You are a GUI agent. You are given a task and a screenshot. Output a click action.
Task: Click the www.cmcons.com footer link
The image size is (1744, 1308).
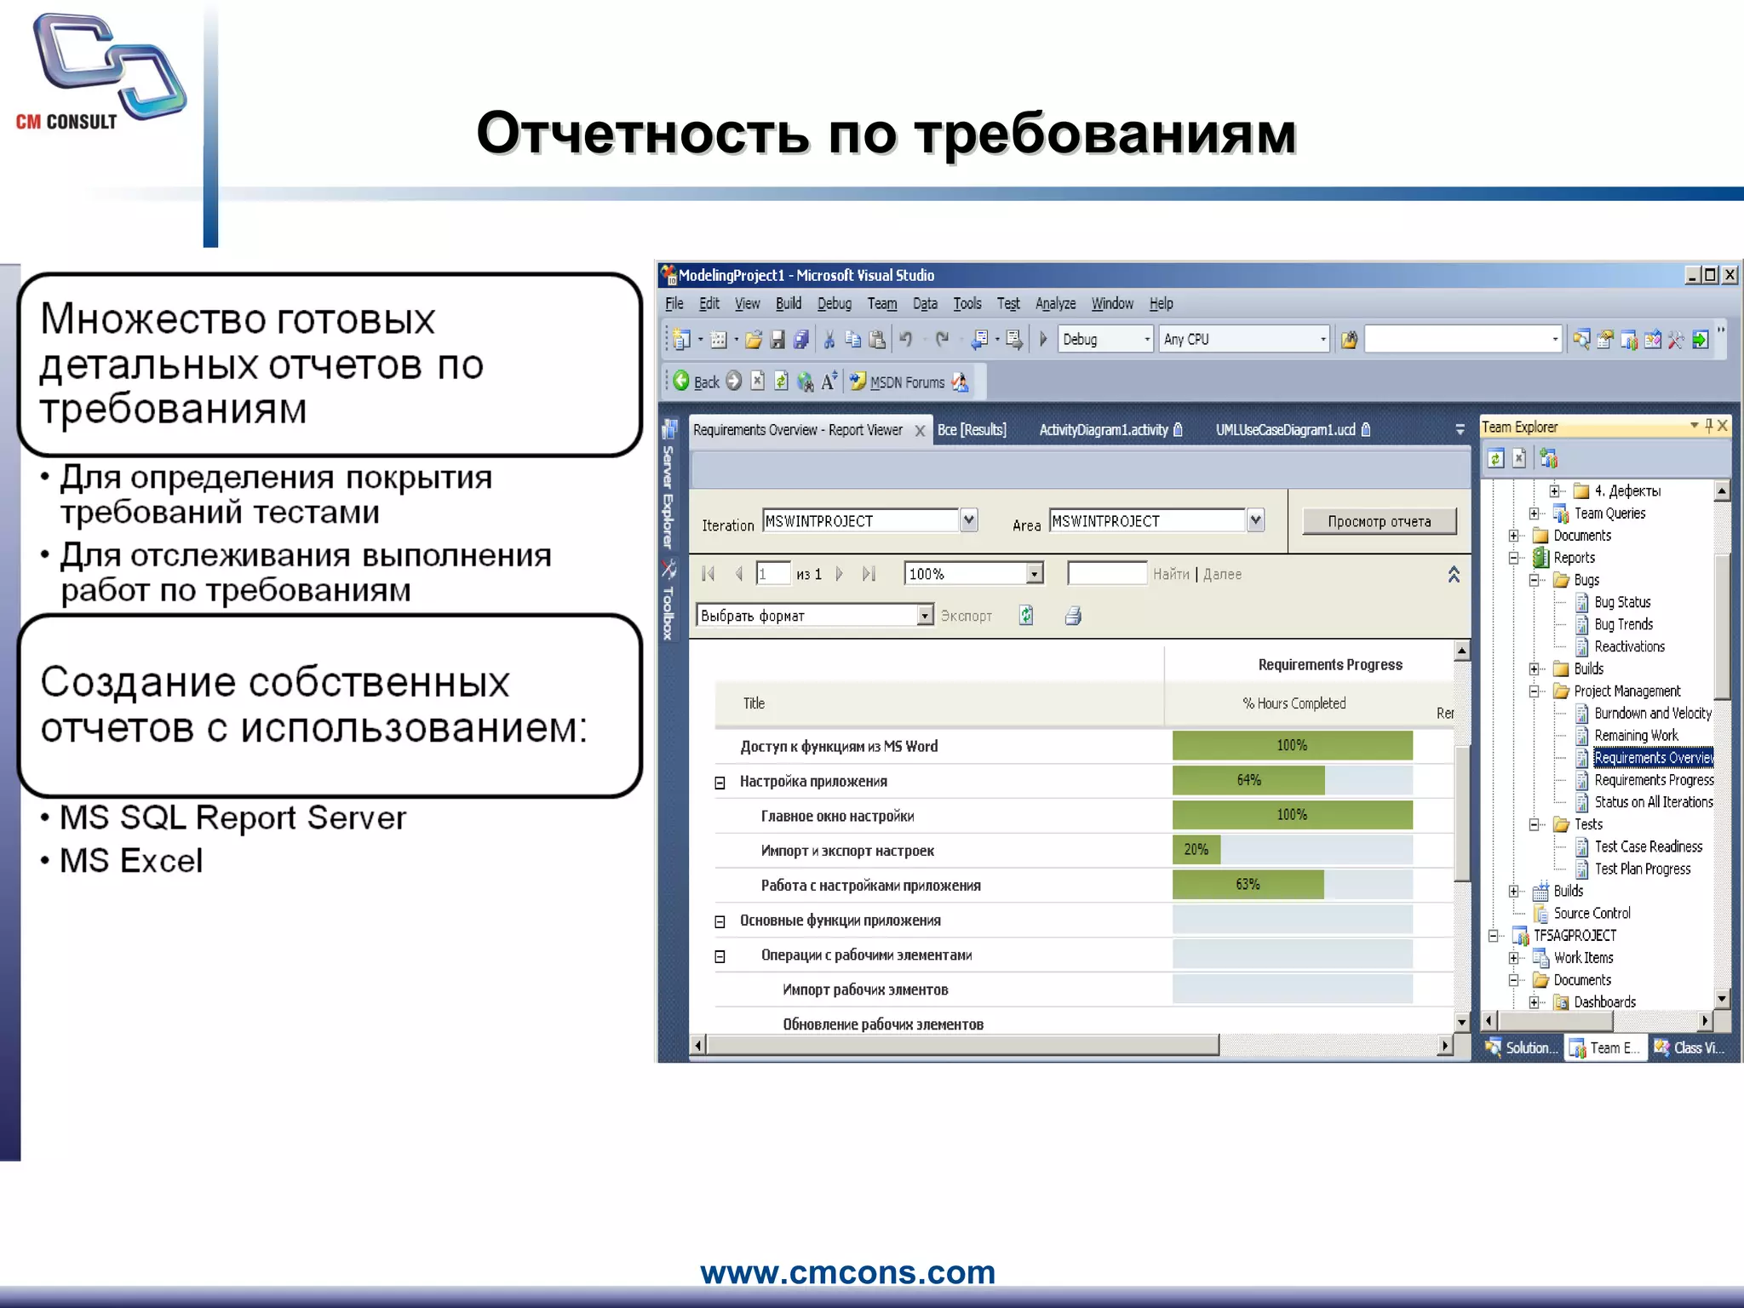[x=847, y=1272]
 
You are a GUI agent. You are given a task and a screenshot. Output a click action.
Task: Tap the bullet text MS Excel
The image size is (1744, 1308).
[x=131, y=861]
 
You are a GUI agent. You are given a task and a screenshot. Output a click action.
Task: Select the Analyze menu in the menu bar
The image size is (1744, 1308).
[x=1055, y=303]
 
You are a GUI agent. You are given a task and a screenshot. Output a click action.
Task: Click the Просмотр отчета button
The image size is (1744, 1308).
[x=1379, y=521]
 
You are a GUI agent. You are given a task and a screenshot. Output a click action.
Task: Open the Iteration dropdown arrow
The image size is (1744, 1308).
[x=968, y=520]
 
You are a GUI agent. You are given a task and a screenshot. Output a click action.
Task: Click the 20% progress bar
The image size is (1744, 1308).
[x=1196, y=850]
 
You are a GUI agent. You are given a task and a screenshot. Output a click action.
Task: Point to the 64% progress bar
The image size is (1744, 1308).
[x=1248, y=780]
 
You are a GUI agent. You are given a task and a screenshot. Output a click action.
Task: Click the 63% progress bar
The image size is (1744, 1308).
[x=1248, y=885]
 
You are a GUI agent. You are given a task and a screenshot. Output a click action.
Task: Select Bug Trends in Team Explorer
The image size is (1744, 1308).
[x=1623, y=624]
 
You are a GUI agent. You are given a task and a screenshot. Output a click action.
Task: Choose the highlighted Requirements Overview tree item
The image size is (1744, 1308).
[x=1652, y=758]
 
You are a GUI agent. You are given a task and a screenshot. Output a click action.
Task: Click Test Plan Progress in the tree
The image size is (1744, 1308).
[x=1642, y=869]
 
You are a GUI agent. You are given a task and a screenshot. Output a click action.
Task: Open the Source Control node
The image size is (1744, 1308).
[x=1592, y=913]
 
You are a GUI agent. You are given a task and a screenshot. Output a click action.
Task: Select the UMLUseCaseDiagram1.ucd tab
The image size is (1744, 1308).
[x=1285, y=430]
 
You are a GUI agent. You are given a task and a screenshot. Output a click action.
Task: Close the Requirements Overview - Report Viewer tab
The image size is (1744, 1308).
[x=920, y=431]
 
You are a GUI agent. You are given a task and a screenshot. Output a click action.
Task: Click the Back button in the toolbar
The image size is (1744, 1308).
[x=697, y=381]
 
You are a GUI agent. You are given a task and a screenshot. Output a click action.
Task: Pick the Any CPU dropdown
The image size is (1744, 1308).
[x=1243, y=339]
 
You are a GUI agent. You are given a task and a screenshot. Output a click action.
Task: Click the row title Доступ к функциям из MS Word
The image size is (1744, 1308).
[x=838, y=746]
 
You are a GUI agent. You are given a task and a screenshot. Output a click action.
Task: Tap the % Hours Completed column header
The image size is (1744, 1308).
[x=1294, y=703]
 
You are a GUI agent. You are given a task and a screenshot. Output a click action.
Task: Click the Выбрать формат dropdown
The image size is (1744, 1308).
[x=814, y=615]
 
